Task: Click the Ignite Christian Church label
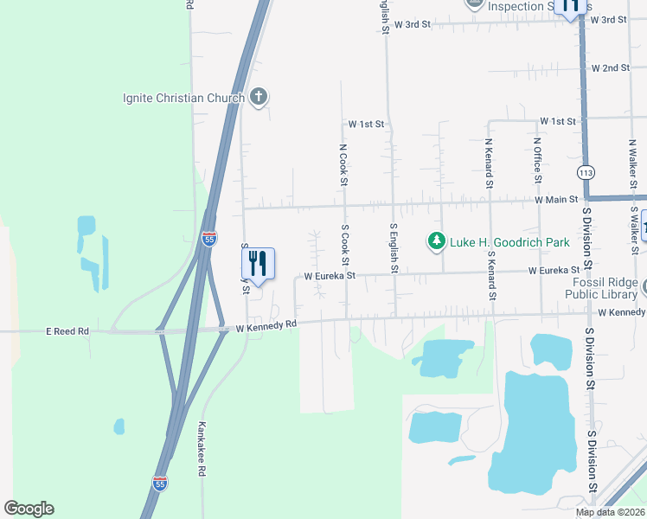(x=183, y=98)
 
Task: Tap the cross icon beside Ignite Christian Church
(x=258, y=97)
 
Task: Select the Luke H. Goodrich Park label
(x=509, y=242)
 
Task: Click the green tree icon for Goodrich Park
(x=438, y=241)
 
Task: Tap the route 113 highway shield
(x=587, y=173)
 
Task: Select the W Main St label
(x=556, y=200)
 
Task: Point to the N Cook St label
(x=343, y=164)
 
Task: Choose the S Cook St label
(x=345, y=246)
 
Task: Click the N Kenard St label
(x=489, y=163)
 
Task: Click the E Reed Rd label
(x=67, y=330)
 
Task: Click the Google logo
(x=29, y=509)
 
